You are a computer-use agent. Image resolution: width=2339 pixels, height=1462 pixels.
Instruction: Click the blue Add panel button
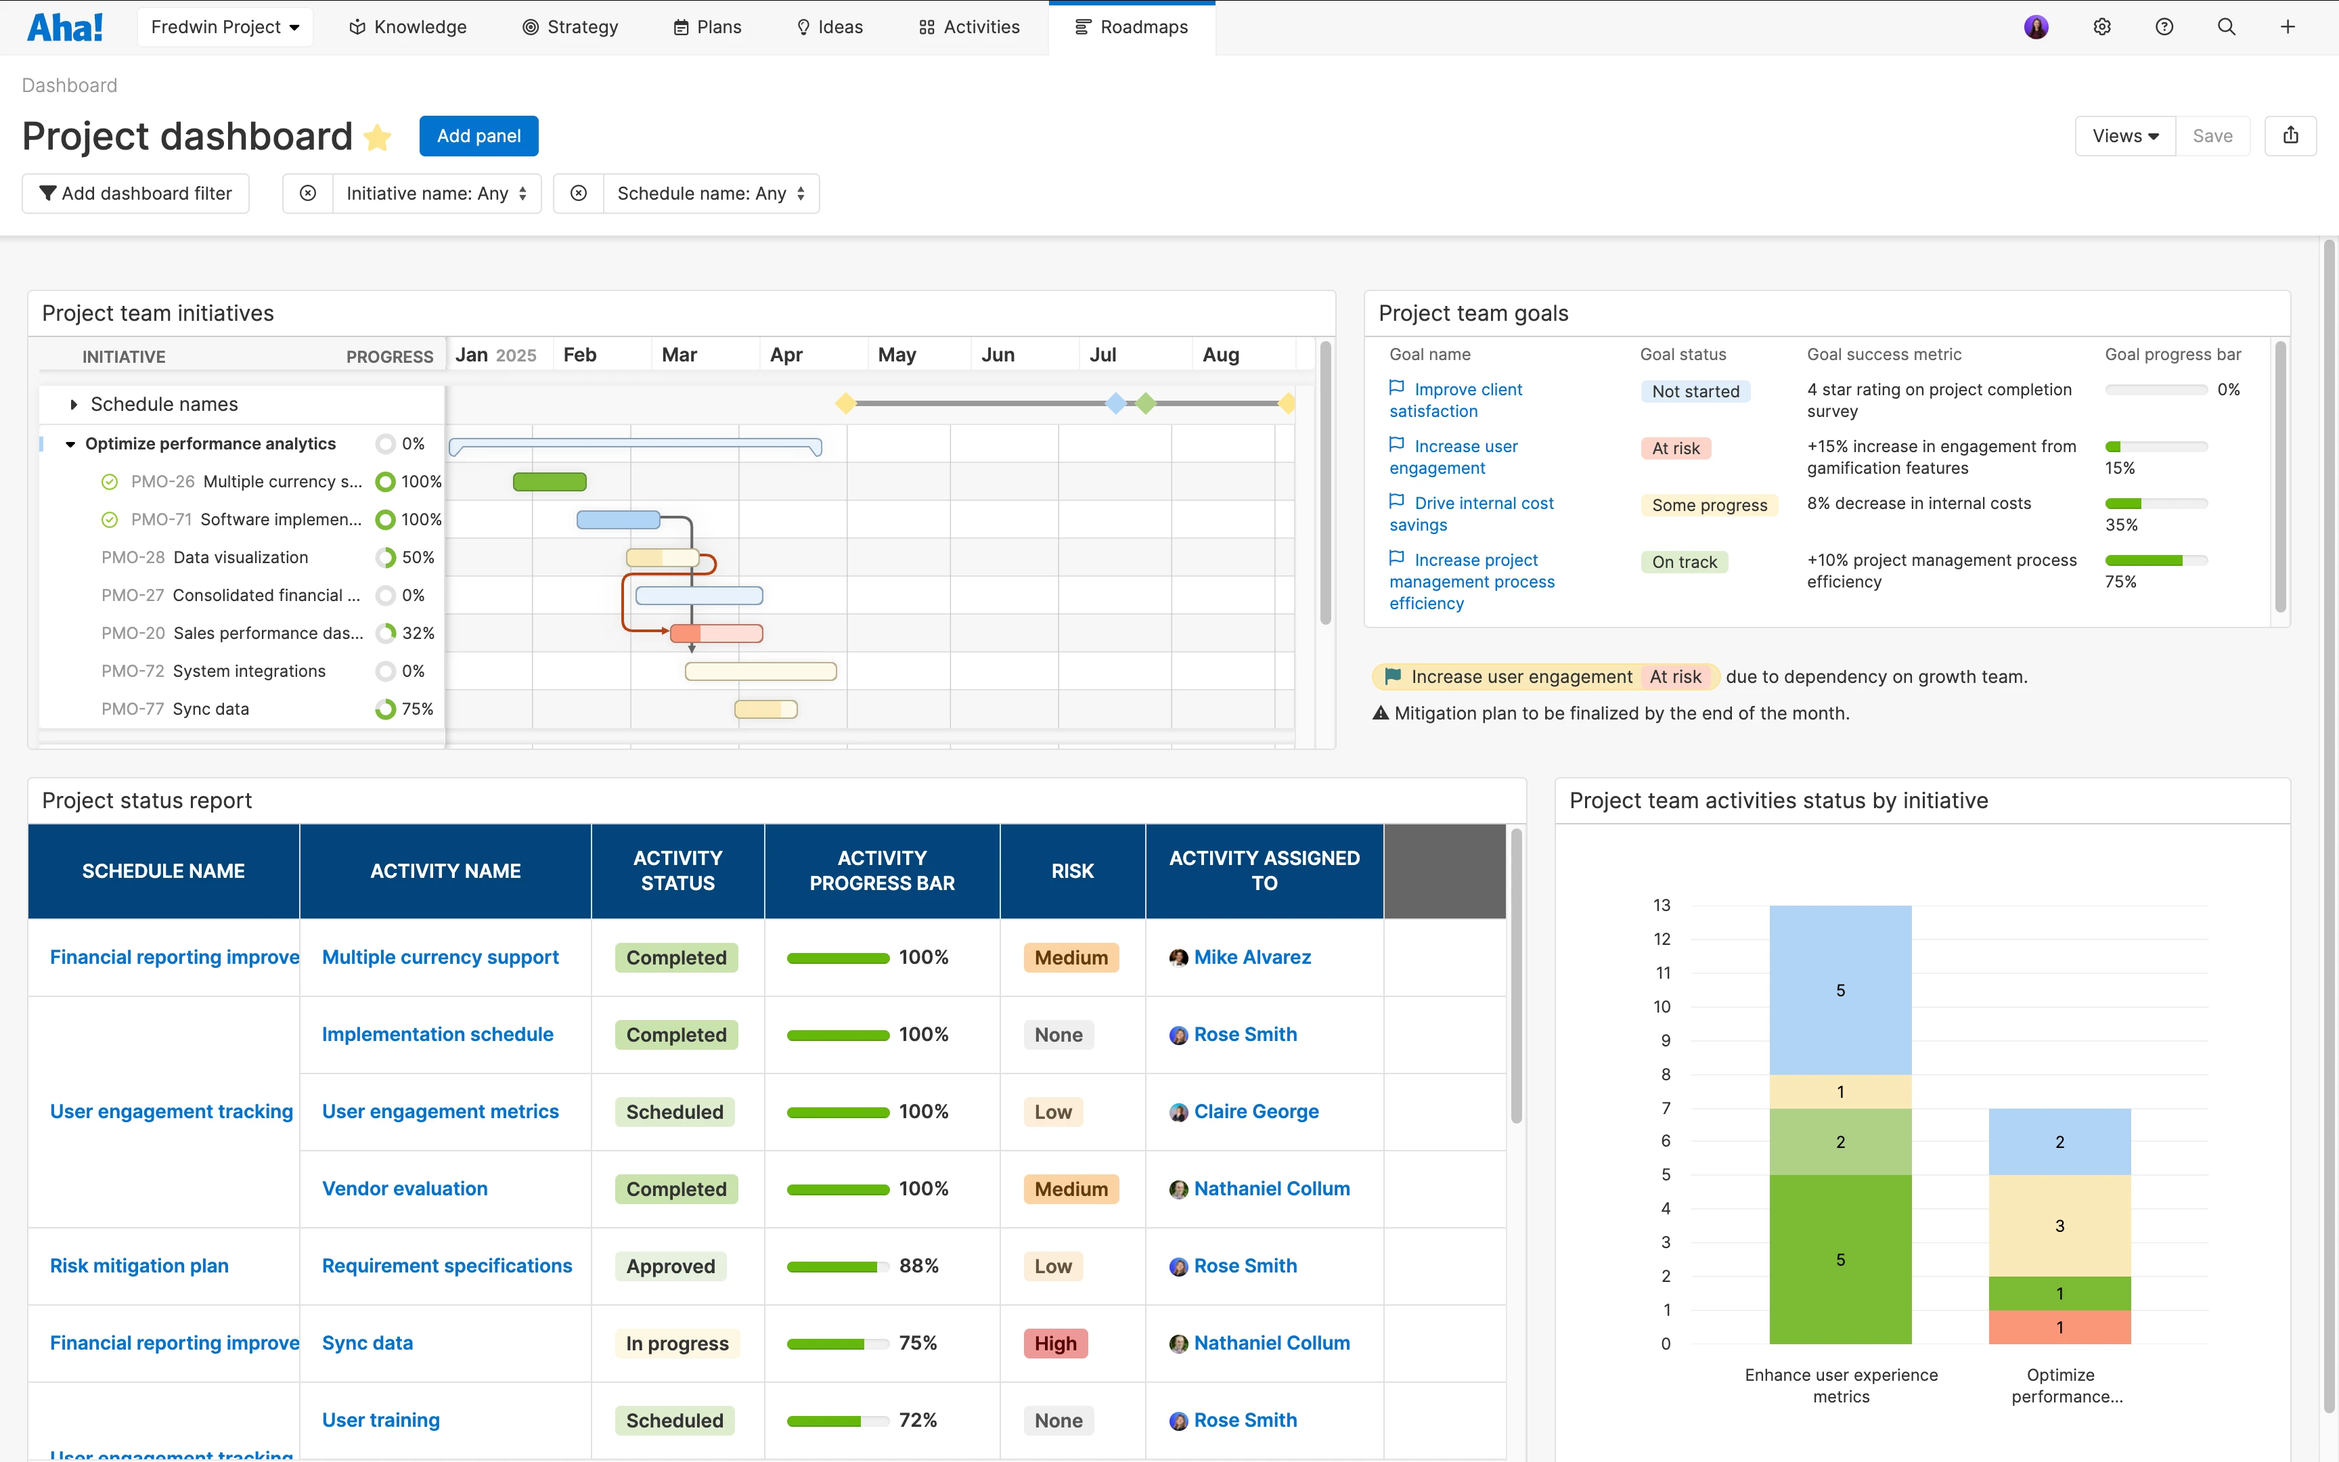click(478, 136)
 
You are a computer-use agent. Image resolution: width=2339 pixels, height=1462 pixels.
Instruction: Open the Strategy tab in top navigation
click(571, 27)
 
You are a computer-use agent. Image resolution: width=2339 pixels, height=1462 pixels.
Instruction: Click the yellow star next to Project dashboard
click(378, 138)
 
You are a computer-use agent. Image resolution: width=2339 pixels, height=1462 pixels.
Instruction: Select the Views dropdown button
click(2124, 136)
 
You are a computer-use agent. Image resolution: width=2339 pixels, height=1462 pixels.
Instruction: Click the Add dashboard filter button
click(135, 194)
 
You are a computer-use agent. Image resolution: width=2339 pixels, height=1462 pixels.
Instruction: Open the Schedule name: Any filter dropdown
click(711, 194)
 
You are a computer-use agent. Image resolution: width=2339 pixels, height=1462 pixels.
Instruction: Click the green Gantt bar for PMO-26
click(549, 481)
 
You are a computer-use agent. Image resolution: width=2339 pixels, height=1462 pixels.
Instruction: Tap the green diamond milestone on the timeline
click(1145, 403)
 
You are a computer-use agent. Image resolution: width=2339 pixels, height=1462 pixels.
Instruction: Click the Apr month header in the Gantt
click(786, 355)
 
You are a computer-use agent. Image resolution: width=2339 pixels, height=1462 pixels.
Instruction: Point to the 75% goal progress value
click(2120, 582)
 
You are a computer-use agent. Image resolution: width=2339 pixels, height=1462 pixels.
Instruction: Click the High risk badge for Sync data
click(1054, 1343)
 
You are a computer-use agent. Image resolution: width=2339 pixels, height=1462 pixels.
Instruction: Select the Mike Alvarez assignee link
click(1251, 957)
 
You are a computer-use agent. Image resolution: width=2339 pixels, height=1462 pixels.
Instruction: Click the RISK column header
click(1072, 871)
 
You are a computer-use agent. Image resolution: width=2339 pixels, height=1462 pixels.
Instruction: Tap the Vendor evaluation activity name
click(404, 1189)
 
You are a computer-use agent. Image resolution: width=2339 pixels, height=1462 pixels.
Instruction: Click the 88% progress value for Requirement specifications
click(918, 1266)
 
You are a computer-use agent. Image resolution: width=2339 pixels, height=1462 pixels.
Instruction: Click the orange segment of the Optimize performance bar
click(2059, 1327)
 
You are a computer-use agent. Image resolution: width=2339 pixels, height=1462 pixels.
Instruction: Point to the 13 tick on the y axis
click(1662, 905)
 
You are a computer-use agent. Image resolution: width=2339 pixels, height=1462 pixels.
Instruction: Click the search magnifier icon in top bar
click(2226, 27)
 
